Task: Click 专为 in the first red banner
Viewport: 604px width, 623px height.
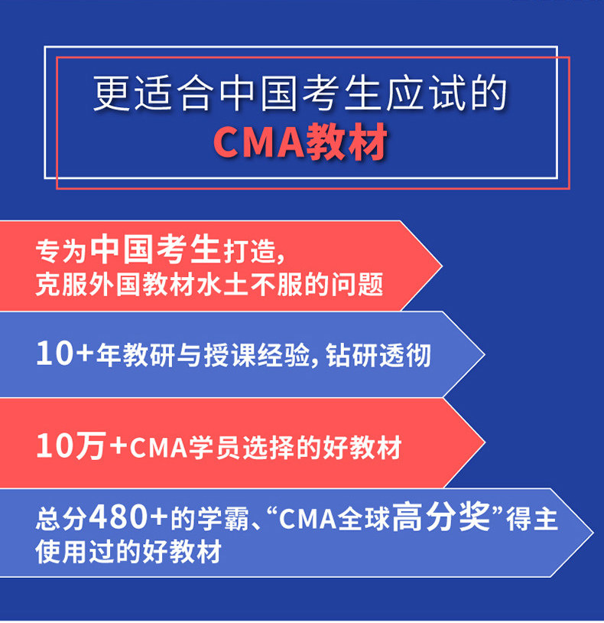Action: [x=61, y=251]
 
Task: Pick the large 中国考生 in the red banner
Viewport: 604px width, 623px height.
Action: [x=155, y=249]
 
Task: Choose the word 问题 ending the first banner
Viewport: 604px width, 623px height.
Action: [x=357, y=284]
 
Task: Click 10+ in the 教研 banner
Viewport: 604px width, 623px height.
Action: [x=64, y=353]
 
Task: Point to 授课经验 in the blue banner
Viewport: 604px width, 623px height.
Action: [x=256, y=355]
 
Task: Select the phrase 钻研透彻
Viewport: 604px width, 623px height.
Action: [x=378, y=355]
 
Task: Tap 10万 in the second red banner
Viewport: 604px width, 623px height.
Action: [x=71, y=445]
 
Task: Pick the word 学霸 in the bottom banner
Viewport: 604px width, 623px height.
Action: [x=223, y=518]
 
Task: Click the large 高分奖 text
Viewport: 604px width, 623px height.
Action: [x=441, y=516]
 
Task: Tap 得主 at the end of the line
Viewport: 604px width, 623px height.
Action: [x=532, y=518]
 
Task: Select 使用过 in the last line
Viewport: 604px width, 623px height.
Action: [x=75, y=552]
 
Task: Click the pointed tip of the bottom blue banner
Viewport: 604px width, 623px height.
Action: [x=593, y=533]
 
